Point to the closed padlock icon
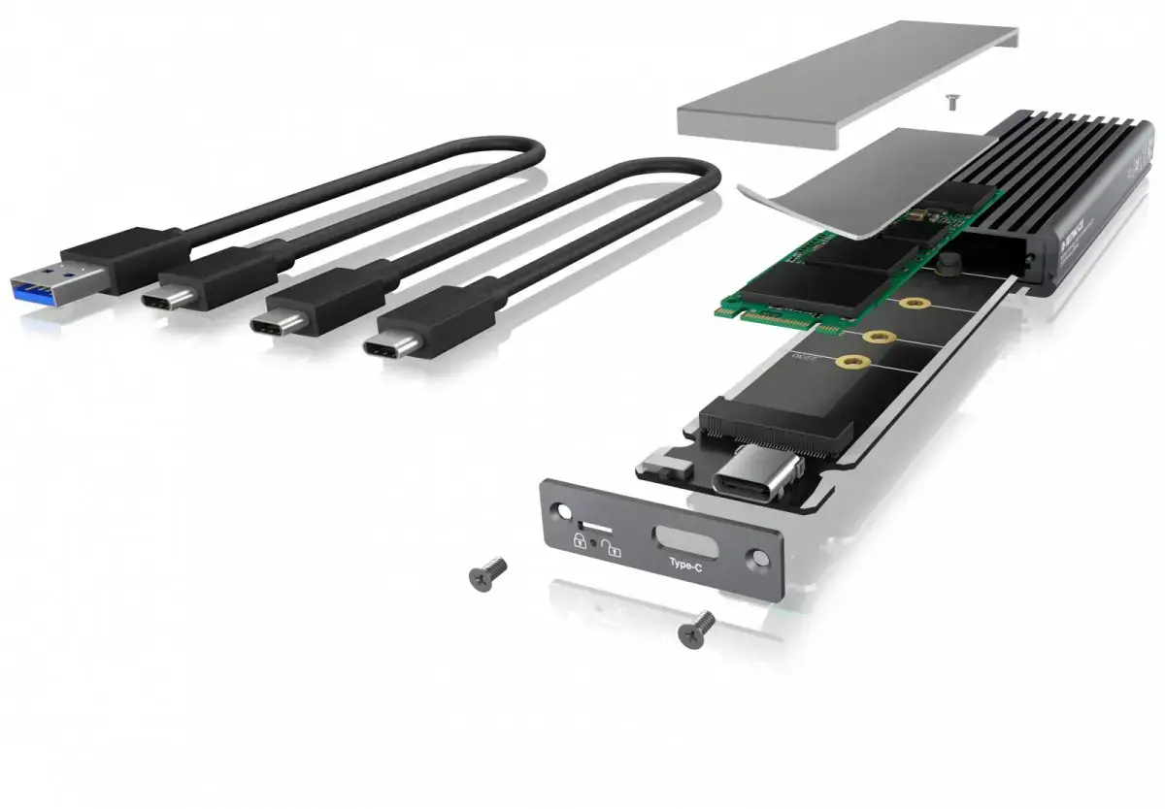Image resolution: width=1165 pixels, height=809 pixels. (x=580, y=541)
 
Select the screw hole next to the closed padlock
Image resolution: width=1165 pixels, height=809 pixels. (x=561, y=513)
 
